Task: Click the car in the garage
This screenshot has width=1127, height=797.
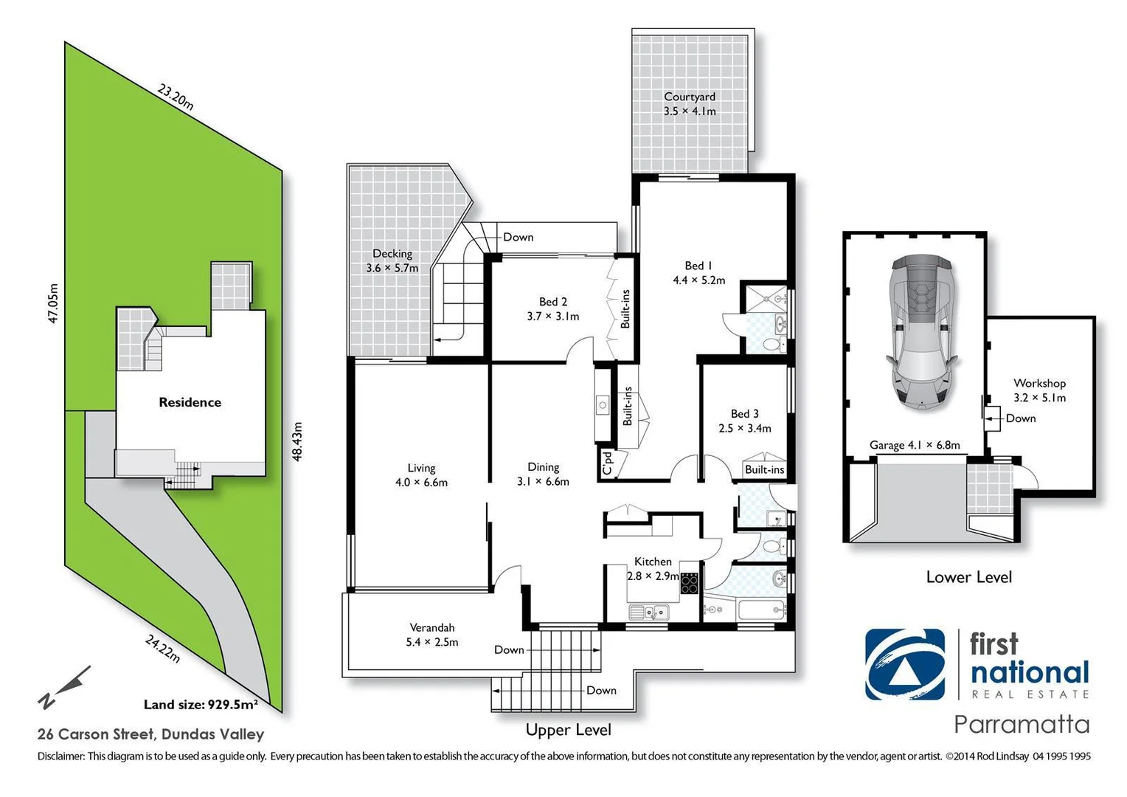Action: click(921, 332)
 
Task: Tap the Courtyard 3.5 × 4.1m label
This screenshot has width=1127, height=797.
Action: click(689, 104)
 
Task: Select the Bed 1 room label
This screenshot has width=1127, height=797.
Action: click(698, 272)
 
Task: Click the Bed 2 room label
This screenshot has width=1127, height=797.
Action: click(552, 308)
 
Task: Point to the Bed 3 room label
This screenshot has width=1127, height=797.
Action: click(744, 421)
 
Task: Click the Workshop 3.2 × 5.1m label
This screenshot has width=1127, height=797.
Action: click(1039, 390)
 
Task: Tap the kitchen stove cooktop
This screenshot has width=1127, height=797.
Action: click(689, 584)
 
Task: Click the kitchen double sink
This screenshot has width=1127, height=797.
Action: click(648, 612)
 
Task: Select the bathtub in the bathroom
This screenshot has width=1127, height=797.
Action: click(760, 610)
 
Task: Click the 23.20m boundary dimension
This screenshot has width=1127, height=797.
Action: click(176, 97)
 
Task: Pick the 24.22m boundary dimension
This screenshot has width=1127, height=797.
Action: click(162, 649)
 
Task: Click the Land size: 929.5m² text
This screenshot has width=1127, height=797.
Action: click(201, 704)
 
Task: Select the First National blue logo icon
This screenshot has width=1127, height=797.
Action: click(904, 664)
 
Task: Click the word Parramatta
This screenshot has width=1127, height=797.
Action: click(1022, 724)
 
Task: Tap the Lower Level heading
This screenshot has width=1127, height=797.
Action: click(968, 577)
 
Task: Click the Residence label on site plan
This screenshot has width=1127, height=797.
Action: click(190, 402)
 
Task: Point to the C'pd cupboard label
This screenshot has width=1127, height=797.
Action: click(607, 463)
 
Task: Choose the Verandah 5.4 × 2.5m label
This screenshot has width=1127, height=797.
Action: click(432, 635)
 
